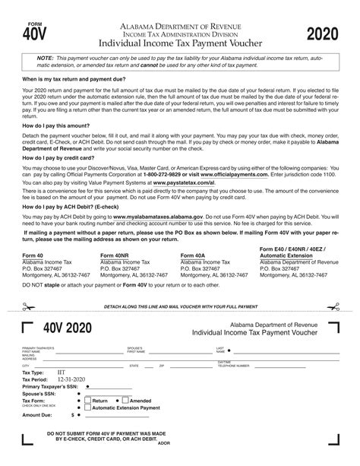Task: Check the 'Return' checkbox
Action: coord(87,400)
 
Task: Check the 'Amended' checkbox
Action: coord(125,400)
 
